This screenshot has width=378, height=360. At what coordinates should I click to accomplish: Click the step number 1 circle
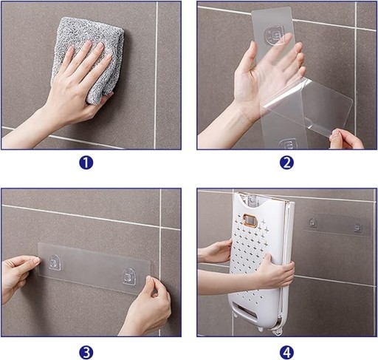(86, 163)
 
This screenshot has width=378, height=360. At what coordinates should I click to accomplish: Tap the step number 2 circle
(286, 163)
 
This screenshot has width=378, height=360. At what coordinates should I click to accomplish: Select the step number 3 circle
(86, 353)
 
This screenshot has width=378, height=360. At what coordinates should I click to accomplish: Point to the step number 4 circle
(286, 353)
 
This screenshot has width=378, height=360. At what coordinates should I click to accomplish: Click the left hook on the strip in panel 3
(55, 262)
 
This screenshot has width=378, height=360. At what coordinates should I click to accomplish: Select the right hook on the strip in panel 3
(129, 276)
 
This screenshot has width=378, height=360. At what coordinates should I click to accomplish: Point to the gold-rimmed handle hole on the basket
(250, 220)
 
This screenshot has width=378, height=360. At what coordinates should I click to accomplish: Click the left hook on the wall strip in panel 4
(312, 223)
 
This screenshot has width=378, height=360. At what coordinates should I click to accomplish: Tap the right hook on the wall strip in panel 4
(358, 228)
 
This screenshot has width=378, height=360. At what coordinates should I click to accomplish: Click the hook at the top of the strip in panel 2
(275, 35)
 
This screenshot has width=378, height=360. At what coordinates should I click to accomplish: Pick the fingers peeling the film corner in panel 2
(346, 139)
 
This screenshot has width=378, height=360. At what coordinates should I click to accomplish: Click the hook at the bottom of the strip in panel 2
(289, 144)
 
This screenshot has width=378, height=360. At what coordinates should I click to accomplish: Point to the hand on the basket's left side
(216, 251)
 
